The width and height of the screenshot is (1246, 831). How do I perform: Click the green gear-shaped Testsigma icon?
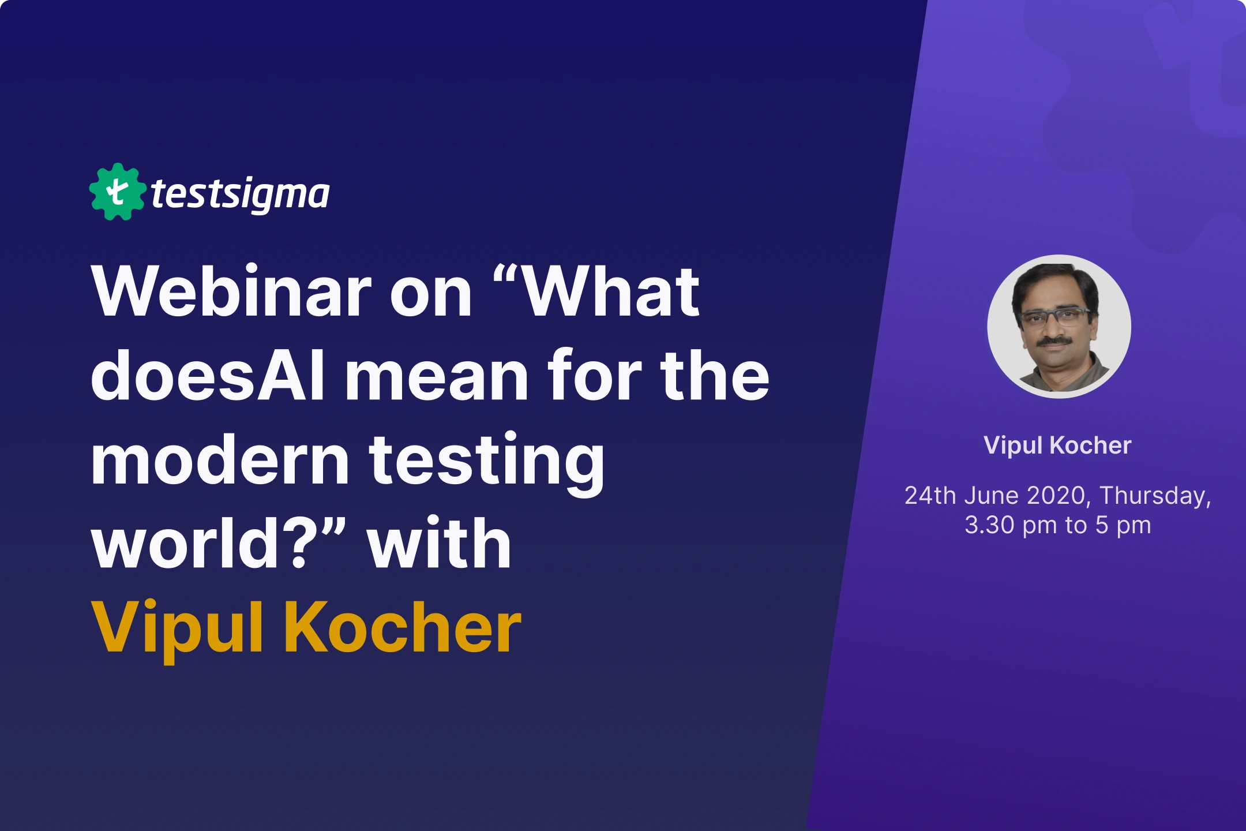click(117, 192)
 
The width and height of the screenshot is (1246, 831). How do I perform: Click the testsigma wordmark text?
click(240, 195)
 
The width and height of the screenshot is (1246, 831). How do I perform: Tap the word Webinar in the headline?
click(231, 293)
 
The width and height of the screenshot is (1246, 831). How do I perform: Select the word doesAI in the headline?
click(208, 377)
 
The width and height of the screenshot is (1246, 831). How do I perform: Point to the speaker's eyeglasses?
click(1054, 316)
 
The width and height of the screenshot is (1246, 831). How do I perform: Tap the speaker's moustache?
click(1055, 341)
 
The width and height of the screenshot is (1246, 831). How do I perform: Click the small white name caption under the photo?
click(1057, 446)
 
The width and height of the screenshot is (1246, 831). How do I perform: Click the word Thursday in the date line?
click(1154, 496)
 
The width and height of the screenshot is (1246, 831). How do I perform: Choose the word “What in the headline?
click(597, 293)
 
